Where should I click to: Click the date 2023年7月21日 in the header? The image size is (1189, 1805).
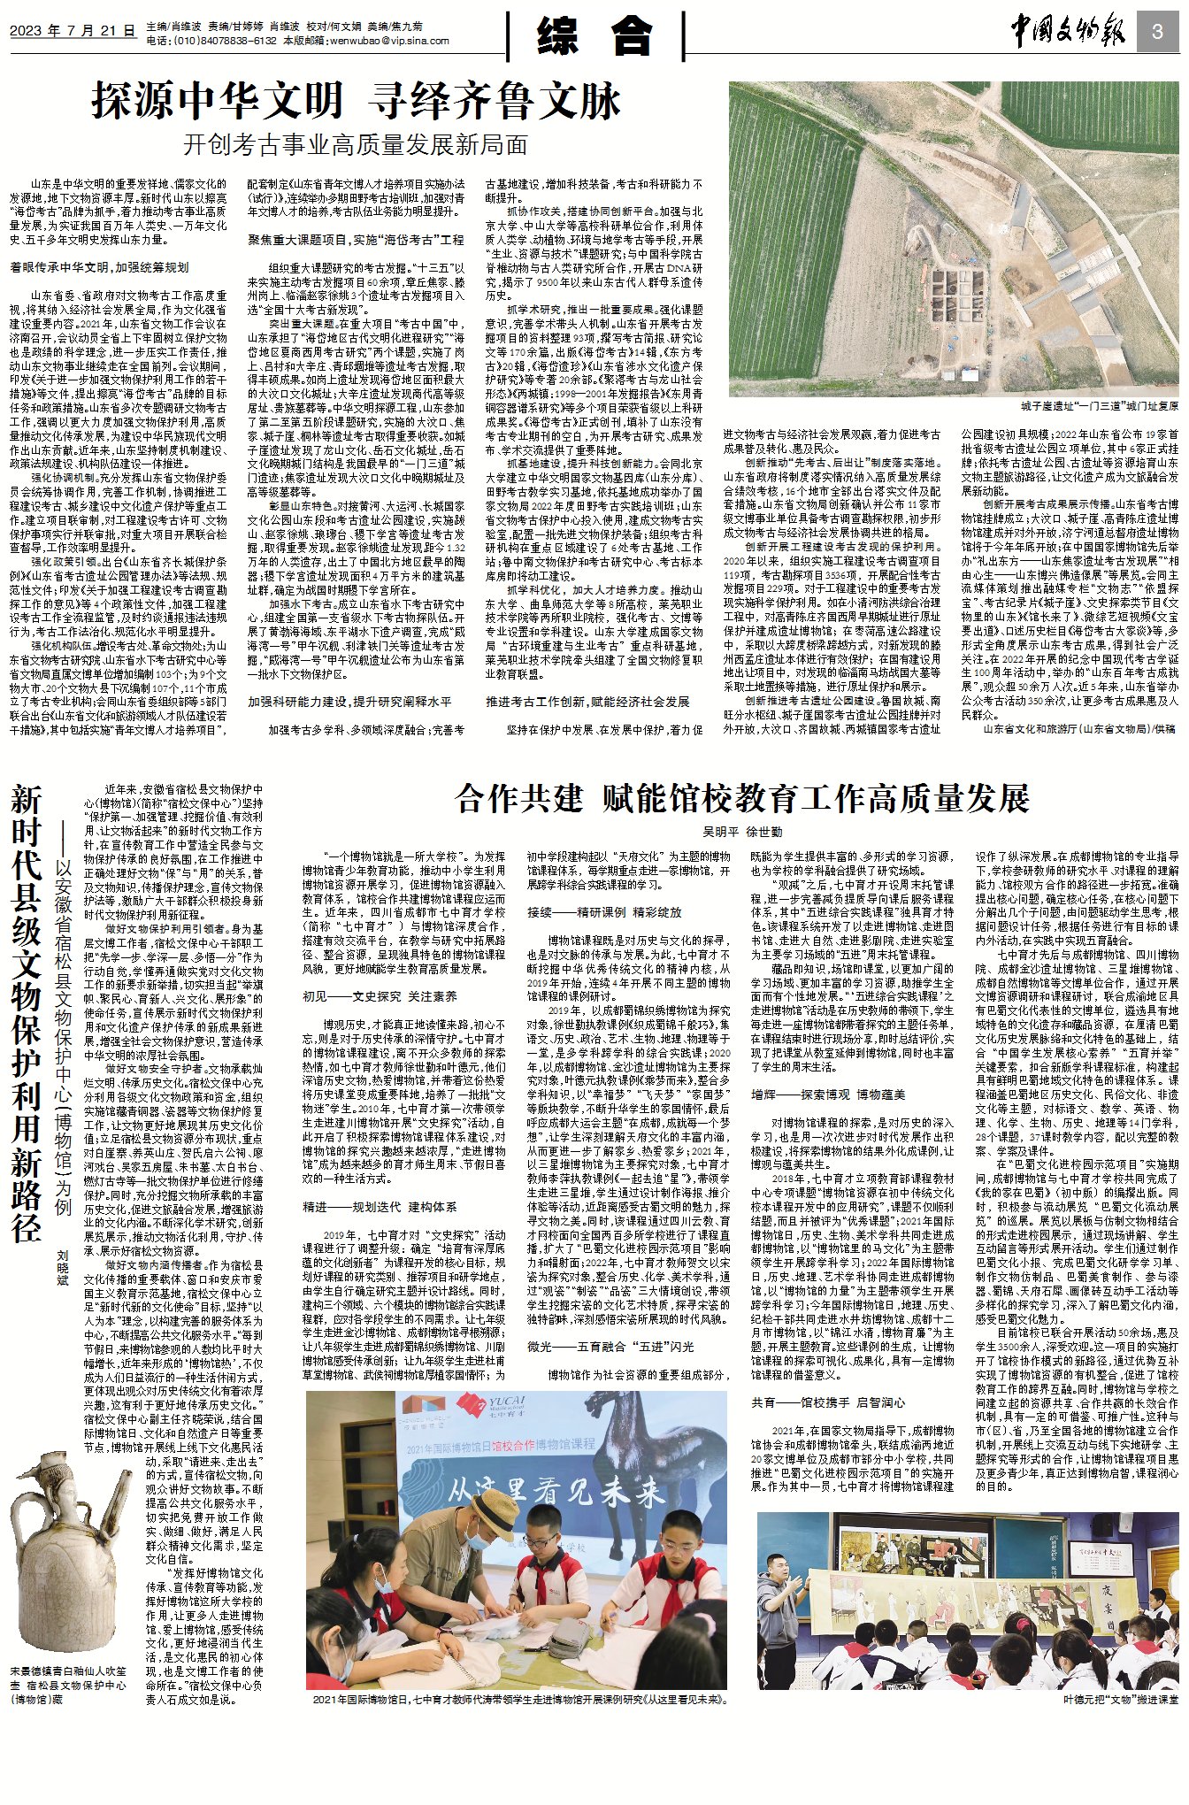click(x=73, y=32)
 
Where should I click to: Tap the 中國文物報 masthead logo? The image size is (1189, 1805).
click(x=1069, y=34)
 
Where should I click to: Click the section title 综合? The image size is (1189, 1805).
click(x=594, y=37)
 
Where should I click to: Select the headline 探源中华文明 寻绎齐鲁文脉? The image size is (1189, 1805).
click(x=356, y=101)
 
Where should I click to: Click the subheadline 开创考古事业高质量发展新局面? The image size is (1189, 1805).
click(x=356, y=144)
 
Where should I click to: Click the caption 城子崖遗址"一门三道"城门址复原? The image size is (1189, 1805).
click(x=1099, y=406)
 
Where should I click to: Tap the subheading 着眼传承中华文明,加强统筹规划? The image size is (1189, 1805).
click(x=99, y=267)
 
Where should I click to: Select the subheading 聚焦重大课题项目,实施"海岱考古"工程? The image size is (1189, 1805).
click(x=356, y=240)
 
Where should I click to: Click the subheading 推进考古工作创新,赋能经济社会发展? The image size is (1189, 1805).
click(x=587, y=702)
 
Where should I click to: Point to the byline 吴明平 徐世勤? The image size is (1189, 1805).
click(x=741, y=833)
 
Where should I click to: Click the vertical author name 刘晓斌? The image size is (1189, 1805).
click(x=62, y=1268)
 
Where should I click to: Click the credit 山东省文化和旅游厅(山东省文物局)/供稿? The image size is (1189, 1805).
click(x=1079, y=729)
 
